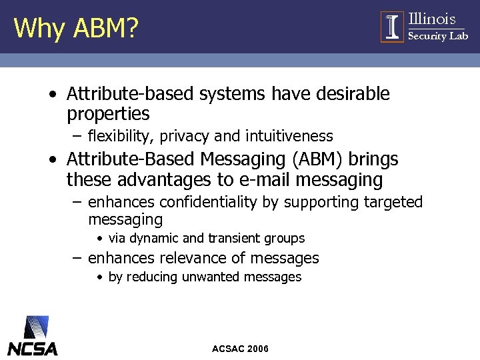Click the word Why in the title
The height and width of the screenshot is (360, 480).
click(x=36, y=28)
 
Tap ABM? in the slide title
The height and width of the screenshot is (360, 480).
click(x=101, y=28)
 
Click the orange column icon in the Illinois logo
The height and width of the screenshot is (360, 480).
click(x=392, y=27)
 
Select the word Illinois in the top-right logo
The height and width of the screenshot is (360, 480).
click(x=431, y=19)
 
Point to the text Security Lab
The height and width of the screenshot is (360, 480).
click(x=437, y=36)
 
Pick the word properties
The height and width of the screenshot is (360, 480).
click(x=108, y=114)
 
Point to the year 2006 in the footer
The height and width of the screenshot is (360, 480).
click(x=257, y=349)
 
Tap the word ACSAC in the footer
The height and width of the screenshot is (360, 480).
click(x=227, y=349)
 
